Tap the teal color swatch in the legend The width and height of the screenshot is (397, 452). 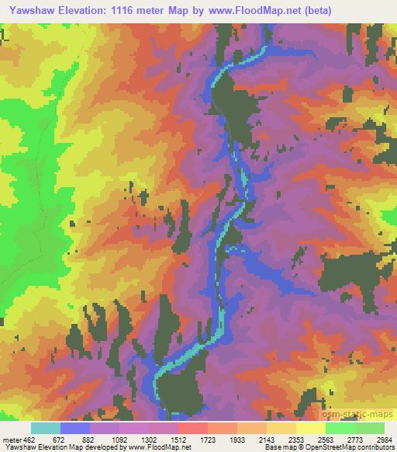[46, 428]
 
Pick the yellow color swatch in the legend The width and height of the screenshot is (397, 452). [311, 428]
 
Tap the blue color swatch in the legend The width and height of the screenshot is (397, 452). [75, 428]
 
